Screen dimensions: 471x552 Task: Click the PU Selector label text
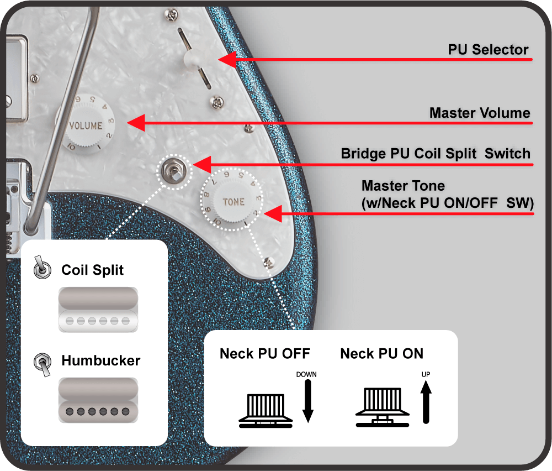pyautogui.click(x=488, y=50)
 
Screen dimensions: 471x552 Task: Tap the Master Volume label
pyautogui.click(x=479, y=113)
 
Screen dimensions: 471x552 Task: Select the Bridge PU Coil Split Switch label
pyautogui.click(x=435, y=154)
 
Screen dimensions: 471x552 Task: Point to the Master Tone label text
pyautogui.click(x=448, y=195)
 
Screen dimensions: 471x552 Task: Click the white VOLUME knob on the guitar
pyautogui.click(x=86, y=125)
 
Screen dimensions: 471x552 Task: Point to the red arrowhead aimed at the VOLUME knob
pyautogui.click(x=136, y=123)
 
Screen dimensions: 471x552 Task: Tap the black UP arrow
pyautogui.click(x=426, y=404)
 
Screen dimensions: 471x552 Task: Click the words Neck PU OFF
pyautogui.click(x=265, y=353)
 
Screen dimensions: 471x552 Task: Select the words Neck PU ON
pyautogui.click(x=382, y=353)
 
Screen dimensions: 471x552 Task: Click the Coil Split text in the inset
pyautogui.click(x=93, y=270)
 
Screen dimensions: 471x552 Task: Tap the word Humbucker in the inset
pyautogui.click(x=101, y=361)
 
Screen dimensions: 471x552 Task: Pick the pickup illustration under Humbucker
pyautogui.click(x=97, y=400)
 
